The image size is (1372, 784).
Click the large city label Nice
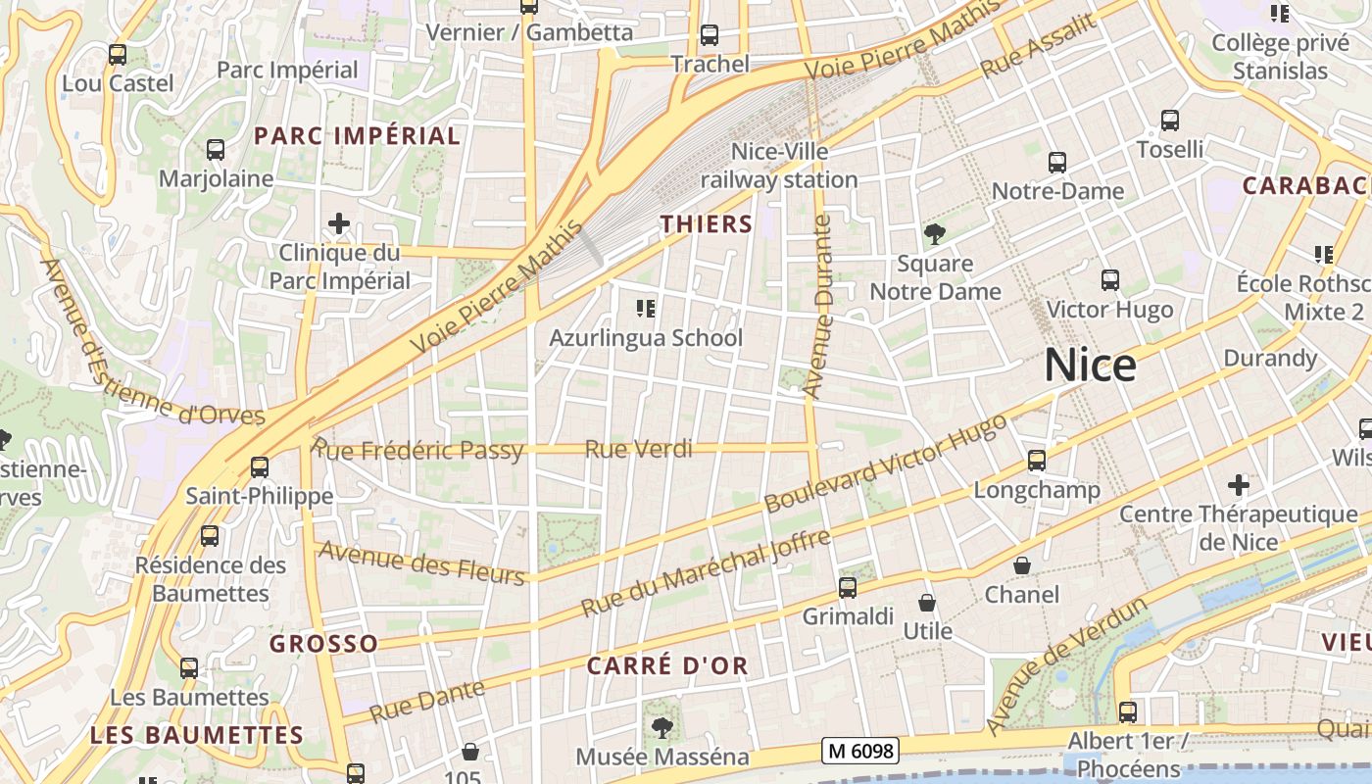pos(1090,366)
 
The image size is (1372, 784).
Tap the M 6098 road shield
pos(860,751)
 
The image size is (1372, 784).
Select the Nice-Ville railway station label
pos(779,166)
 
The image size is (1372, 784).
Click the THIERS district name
pos(706,224)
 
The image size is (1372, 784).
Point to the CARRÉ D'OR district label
pos(667,666)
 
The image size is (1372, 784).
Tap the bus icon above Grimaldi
pos(848,588)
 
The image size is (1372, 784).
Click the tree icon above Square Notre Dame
pos(935,234)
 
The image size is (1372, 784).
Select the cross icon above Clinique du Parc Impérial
pos(339,223)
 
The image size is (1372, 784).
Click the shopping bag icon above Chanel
pos(1022,565)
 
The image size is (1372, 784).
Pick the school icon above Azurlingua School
pos(646,310)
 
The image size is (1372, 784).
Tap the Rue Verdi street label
pos(638,450)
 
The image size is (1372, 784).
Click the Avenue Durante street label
pos(818,307)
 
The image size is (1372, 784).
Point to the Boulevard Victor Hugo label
pos(885,464)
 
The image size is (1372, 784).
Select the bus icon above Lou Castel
pos(118,55)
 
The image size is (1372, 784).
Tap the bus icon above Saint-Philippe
pos(260,467)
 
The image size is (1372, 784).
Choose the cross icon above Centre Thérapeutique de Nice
pos(1239,484)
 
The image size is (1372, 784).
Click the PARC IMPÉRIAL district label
pos(357,136)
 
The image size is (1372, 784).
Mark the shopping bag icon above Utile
pos(927,602)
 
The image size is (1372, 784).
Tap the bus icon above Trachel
pos(710,35)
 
